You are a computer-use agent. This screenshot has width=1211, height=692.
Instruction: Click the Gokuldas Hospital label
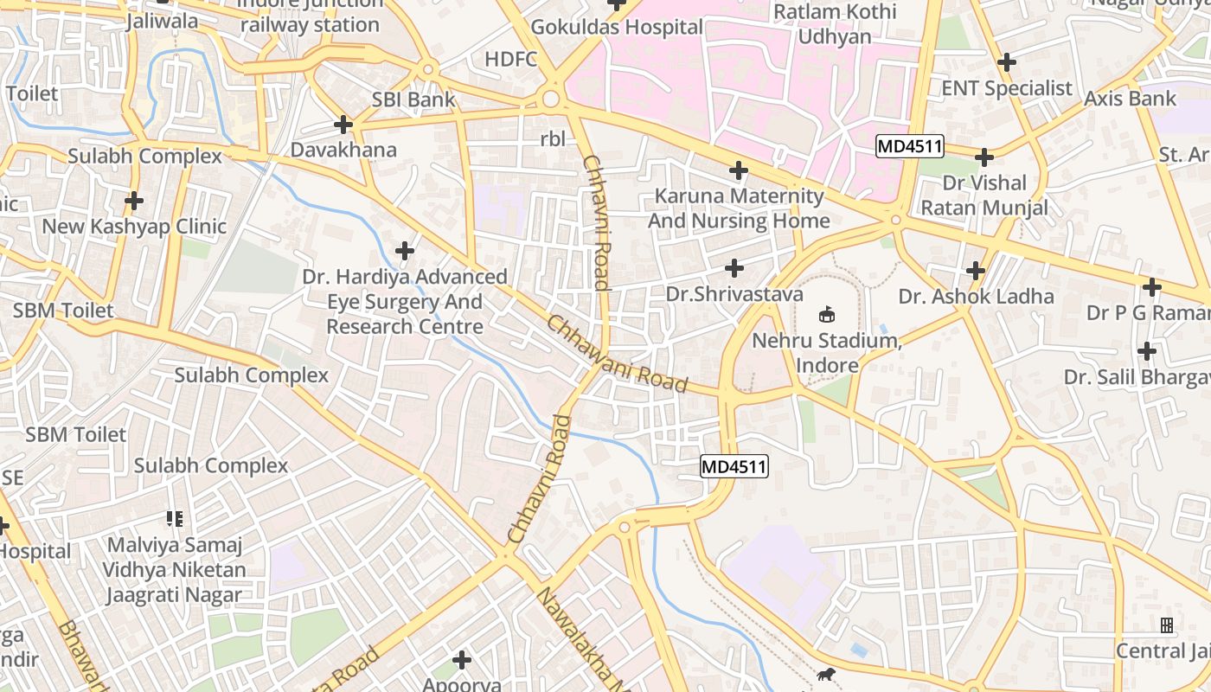click(x=616, y=27)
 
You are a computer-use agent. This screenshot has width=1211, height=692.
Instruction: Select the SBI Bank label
click(x=413, y=99)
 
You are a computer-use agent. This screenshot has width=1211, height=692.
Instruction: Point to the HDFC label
click(x=511, y=59)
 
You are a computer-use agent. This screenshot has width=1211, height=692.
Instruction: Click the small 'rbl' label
click(x=552, y=138)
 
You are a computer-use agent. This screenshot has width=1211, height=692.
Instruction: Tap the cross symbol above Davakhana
click(x=343, y=125)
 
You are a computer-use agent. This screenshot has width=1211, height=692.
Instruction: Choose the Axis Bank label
click(x=1131, y=99)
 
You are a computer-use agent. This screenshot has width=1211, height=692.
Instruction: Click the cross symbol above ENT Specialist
click(x=1006, y=62)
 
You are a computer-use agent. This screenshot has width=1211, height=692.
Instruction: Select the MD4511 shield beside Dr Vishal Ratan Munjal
click(x=909, y=146)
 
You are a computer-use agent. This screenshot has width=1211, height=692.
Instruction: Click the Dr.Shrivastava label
click(x=734, y=294)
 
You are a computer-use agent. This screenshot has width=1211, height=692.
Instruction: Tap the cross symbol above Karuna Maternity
click(x=738, y=170)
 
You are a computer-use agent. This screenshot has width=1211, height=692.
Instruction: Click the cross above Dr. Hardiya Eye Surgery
click(x=404, y=251)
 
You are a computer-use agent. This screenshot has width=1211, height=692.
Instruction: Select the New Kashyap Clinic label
click(x=134, y=227)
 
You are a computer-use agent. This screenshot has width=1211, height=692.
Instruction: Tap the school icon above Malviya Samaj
click(x=175, y=519)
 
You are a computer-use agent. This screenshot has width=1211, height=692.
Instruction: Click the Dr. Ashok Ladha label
click(x=976, y=297)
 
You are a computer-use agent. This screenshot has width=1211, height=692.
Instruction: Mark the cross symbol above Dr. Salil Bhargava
click(x=1147, y=351)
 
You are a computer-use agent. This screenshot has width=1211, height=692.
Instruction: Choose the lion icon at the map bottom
click(x=826, y=675)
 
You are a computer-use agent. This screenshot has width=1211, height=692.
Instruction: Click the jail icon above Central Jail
click(x=1167, y=625)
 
